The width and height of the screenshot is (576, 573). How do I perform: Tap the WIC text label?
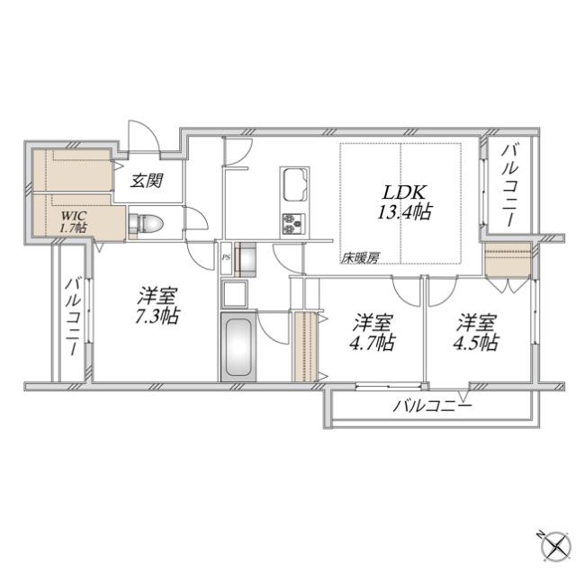point(73,217)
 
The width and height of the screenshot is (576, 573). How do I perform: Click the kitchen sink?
point(295,186)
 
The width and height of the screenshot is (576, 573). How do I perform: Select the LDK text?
point(398,192)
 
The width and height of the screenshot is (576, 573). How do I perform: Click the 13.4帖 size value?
point(402,212)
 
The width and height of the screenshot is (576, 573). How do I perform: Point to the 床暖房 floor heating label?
point(359,257)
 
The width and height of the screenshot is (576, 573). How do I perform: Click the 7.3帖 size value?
point(157,316)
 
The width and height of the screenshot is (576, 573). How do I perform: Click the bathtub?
point(236,348)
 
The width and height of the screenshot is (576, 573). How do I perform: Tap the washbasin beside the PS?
point(247,260)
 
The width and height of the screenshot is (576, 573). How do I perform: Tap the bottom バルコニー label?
point(432,407)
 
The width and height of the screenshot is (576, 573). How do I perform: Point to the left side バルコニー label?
point(71,317)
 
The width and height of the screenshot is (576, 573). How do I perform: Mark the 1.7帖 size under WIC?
point(73,229)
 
